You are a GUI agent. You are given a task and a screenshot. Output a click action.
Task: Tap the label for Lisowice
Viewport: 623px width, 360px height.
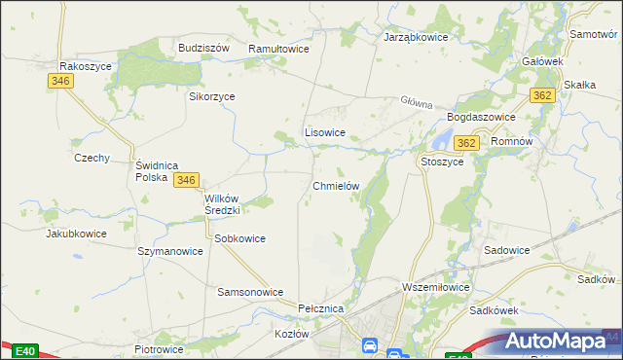pos(325,132)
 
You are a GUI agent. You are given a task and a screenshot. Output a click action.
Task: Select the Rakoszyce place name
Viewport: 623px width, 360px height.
pos(86,66)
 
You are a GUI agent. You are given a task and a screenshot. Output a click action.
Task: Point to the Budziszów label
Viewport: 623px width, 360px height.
pos(202,47)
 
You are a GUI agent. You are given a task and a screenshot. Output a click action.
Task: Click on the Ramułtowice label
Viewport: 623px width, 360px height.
pos(278,48)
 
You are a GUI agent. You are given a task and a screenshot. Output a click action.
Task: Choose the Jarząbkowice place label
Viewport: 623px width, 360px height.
pos(416,37)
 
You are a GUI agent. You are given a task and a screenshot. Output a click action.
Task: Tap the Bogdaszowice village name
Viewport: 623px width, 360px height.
pos(478,117)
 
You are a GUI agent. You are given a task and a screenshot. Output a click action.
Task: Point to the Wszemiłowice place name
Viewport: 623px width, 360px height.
pos(435,287)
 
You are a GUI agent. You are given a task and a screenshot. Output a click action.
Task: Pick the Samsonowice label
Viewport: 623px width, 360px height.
pos(249,292)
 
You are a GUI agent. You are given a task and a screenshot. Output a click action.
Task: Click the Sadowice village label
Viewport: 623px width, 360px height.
pos(506,250)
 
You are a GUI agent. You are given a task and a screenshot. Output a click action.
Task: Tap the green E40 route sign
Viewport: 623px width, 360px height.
pos(24,351)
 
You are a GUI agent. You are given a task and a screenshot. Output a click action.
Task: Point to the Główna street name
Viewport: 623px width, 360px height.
pos(415,100)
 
